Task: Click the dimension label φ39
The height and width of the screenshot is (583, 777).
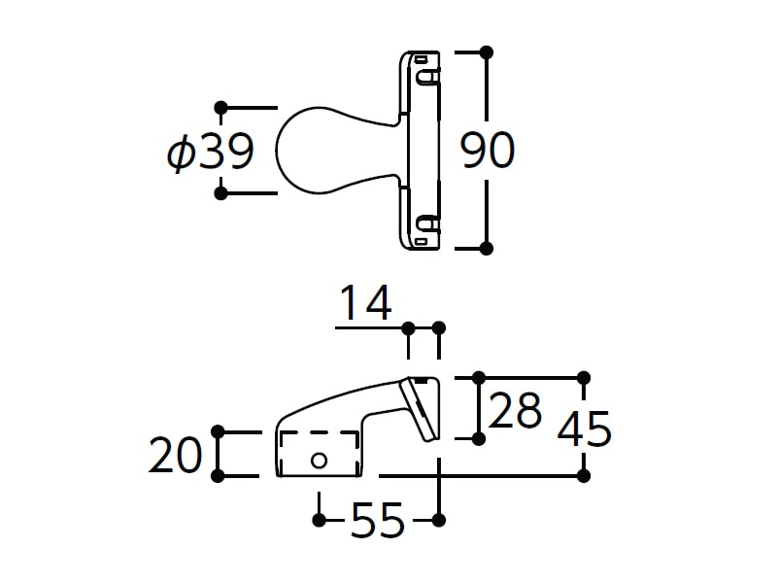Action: (211, 151)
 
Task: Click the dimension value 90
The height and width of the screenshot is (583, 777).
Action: (488, 151)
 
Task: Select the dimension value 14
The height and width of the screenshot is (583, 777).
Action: (366, 302)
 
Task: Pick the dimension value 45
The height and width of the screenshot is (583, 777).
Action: (585, 429)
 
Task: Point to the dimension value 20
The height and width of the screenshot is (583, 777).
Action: (176, 454)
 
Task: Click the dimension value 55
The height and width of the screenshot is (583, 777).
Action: (378, 520)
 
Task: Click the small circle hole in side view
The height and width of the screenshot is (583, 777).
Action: (319, 461)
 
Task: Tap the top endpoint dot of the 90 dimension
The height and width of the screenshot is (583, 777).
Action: (487, 52)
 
